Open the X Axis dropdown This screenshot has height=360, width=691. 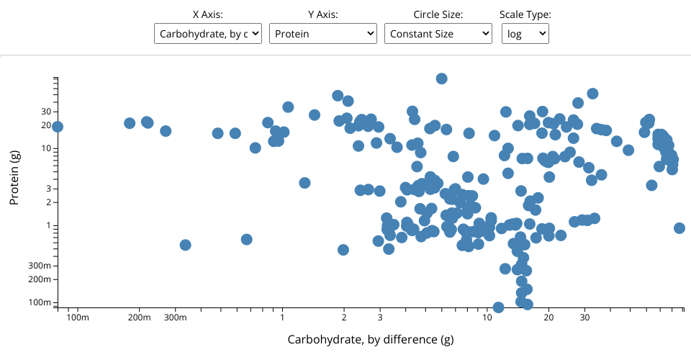point(207,33)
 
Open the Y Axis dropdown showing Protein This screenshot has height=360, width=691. point(322,33)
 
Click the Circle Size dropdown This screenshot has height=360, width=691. point(438,33)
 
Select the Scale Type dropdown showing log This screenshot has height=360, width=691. point(525,33)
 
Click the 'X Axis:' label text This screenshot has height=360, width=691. point(207,14)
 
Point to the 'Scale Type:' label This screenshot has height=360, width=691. point(525,14)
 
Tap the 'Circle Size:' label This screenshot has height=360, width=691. point(438,14)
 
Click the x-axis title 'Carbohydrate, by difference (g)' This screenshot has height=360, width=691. point(371,339)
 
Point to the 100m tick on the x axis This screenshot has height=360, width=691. point(77,317)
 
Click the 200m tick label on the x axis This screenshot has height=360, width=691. point(139,317)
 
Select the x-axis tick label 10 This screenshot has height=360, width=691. point(487,317)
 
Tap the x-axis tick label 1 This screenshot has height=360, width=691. point(282,317)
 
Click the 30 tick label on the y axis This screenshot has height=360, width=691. point(45,112)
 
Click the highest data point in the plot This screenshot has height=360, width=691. point(442,78)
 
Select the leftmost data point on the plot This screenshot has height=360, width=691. point(58,127)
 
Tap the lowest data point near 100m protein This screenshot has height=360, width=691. point(498,307)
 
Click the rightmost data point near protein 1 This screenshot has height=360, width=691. point(679,228)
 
